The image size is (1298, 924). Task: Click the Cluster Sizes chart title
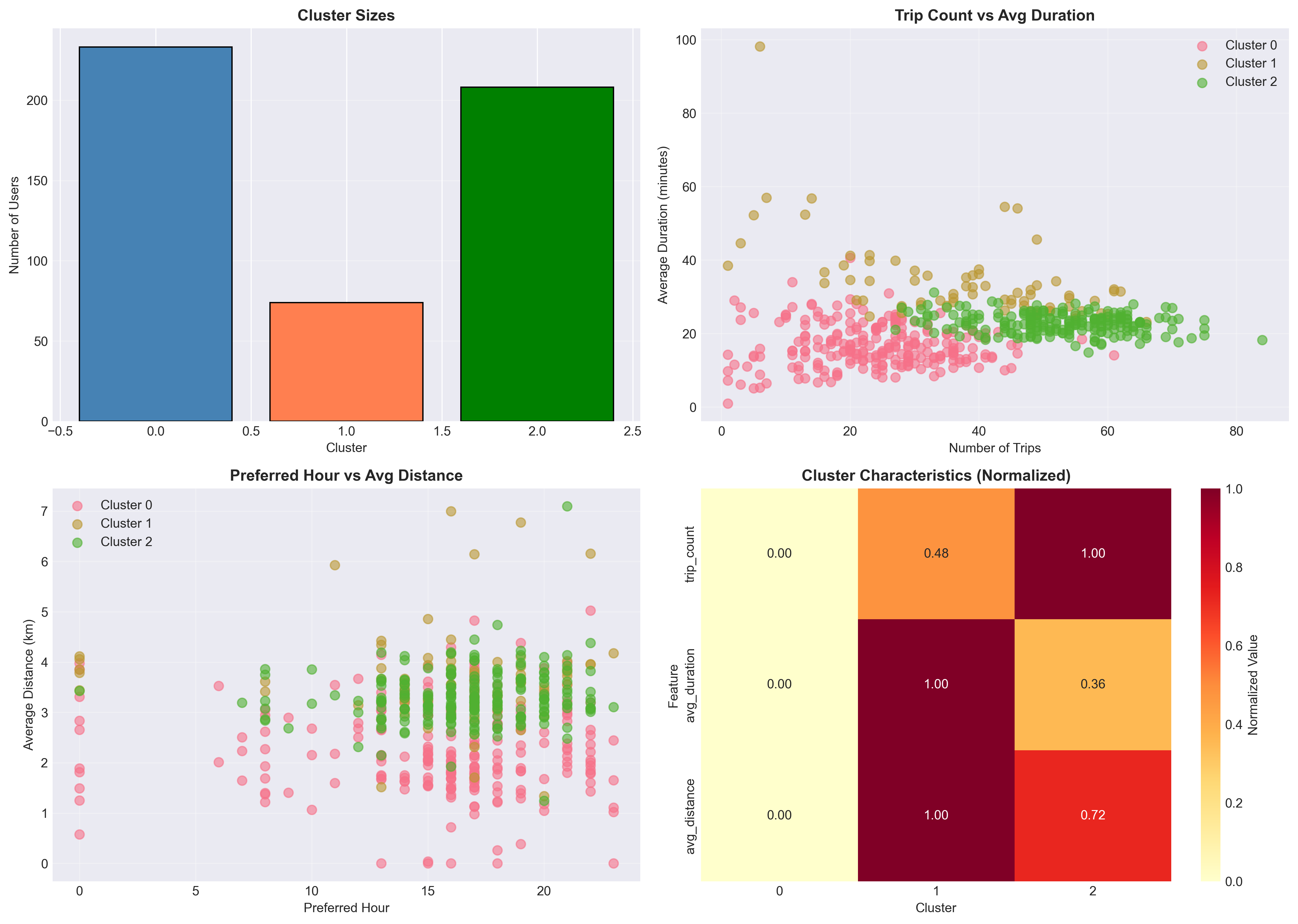(346, 15)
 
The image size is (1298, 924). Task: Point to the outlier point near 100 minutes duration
(760, 47)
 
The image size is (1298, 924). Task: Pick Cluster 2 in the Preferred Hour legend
(126, 542)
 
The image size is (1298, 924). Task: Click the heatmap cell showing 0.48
(936, 553)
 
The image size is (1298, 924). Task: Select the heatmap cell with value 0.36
(1092, 684)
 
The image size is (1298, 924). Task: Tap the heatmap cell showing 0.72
(1092, 815)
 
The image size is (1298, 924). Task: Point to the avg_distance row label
(690, 816)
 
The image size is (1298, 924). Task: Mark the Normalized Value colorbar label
(1253, 685)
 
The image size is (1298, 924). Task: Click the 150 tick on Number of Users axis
(37, 181)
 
